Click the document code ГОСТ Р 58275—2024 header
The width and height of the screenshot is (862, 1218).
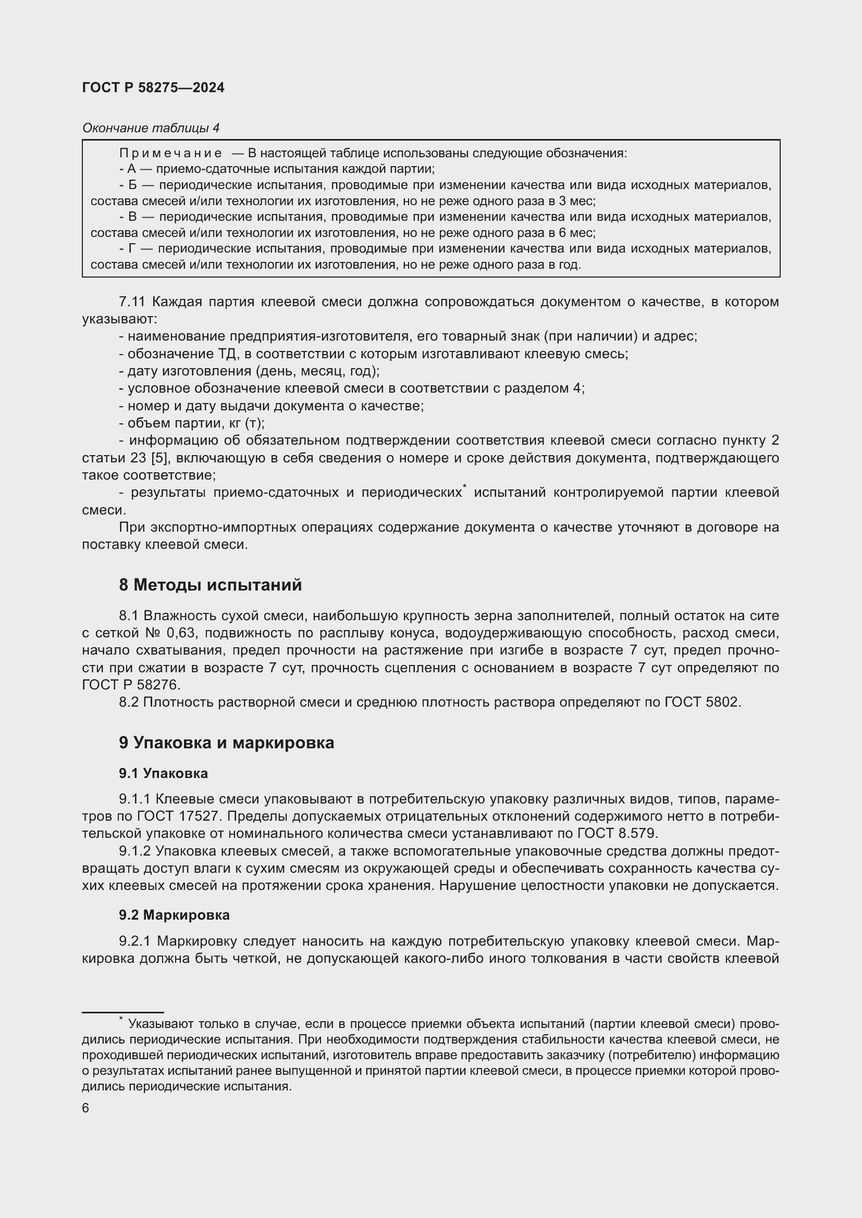pyautogui.click(x=153, y=87)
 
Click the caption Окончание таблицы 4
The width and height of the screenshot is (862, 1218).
pyautogui.click(x=151, y=128)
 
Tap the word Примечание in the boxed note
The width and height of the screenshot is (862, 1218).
pyautogui.click(x=170, y=153)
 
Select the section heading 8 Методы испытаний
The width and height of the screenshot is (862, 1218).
pyautogui.click(x=210, y=585)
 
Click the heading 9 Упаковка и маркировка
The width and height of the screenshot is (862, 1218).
pyautogui.click(x=227, y=743)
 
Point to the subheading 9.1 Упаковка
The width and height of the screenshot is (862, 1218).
pyautogui.click(x=164, y=773)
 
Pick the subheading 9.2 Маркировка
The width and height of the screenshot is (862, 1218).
pyautogui.click(x=174, y=914)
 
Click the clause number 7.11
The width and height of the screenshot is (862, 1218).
pyautogui.click(x=132, y=302)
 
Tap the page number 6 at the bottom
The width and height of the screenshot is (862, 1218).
pyautogui.click(x=85, y=1108)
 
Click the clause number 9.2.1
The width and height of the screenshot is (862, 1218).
pyautogui.click(x=136, y=941)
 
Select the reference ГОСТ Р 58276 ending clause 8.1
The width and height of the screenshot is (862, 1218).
pyautogui.click(x=131, y=685)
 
